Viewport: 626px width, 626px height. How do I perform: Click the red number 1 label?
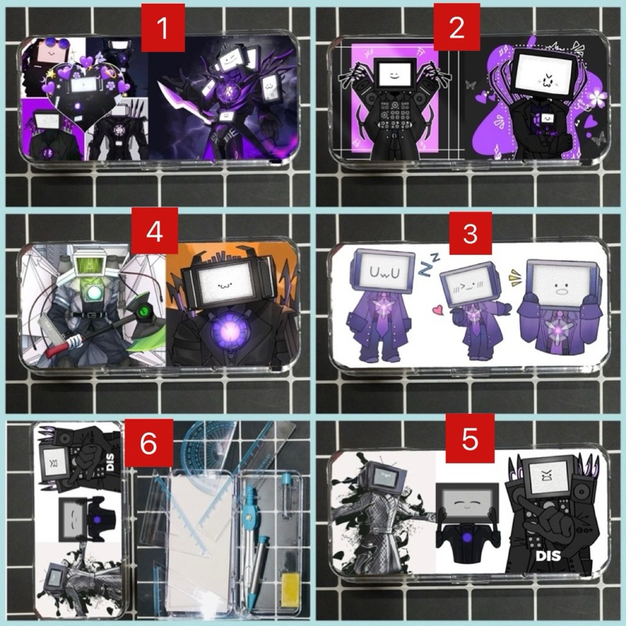163,28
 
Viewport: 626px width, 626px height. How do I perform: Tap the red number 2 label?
457,27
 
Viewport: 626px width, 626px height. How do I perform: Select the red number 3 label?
470,233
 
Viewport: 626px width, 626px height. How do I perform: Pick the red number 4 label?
154,231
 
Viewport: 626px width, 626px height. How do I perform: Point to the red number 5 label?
470,438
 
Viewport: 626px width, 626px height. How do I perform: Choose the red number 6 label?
149,443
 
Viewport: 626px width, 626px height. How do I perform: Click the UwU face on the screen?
384,272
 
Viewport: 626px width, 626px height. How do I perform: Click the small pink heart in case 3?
438,310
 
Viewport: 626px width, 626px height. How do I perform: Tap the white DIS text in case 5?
548,556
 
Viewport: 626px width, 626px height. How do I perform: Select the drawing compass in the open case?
250,535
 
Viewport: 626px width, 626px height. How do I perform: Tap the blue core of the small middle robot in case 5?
466,538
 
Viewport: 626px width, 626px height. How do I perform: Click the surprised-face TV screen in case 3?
561,284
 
